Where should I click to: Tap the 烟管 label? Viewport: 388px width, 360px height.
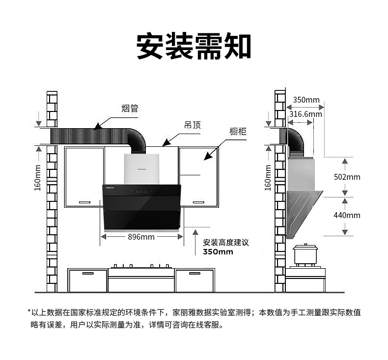point(130,109)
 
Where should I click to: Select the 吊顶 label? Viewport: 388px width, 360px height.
point(193,125)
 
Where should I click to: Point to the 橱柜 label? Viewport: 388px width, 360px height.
point(238,132)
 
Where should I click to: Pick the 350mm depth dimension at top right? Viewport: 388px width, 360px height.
point(306,100)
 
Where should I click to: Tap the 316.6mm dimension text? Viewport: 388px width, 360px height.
point(305,114)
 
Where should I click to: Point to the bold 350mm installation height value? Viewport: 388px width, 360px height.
point(218,252)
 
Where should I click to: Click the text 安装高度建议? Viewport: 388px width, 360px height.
point(226,243)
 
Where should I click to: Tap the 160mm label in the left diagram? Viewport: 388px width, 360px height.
point(38,178)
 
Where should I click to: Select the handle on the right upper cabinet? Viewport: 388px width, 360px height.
point(198,202)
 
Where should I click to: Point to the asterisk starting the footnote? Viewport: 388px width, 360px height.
point(29,312)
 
